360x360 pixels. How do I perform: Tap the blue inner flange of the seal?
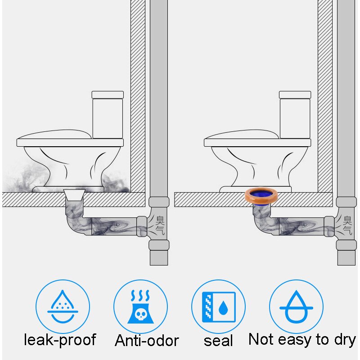(x=261, y=194)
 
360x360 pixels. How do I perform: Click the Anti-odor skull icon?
(x=140, y=306)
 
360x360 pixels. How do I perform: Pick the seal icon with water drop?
(x=218, y=306)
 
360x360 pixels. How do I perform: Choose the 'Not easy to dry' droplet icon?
(x=296, y=306)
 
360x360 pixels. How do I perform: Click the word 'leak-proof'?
(x=60, y=340)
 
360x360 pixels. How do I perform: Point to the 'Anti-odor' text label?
(x=147, y=340)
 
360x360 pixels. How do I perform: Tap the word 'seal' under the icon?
(x=218, y=340)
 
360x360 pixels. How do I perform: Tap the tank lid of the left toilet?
(x=108, y=95)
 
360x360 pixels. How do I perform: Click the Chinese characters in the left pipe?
(x=160, y=225)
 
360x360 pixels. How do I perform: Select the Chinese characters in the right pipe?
(x=347, y=225)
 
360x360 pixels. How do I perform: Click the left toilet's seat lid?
(x=54, y=135)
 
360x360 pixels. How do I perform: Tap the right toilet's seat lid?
(x=242, y=135)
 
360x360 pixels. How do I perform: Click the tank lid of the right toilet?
(x=295, y=95)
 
